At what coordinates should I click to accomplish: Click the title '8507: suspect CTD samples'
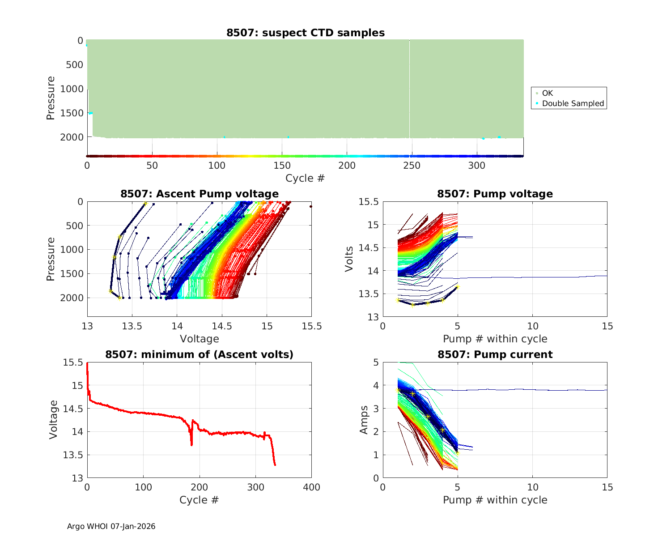(x=306, y=33)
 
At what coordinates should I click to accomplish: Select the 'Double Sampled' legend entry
(x=573, y=103)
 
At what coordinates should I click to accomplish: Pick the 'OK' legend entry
(x=547, y=93)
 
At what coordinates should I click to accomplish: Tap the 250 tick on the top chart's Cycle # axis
(x=412, y=166)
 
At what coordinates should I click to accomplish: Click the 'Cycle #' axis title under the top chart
(x=305, y=178)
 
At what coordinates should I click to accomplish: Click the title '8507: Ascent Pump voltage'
(x=200, y=194)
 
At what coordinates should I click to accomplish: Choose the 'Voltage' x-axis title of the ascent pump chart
(x=200, y=339)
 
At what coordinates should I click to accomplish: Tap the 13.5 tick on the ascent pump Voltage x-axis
(x=132, y=326)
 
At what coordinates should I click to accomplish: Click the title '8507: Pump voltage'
(x=495, y=194)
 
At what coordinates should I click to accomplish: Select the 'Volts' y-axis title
(x=349, y=259)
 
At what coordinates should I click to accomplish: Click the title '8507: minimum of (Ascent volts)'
(x=200, y=354)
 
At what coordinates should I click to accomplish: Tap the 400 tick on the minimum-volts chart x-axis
(x=311, y=487)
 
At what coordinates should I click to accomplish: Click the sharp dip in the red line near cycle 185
(x=191, y=444)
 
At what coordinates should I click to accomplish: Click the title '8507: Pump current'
(x=495, y=354)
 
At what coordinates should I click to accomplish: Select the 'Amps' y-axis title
(x=364, y=420)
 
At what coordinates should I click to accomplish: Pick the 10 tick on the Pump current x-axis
(x=532, y=487)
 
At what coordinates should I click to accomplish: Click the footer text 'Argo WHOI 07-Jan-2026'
(x=111, y=526)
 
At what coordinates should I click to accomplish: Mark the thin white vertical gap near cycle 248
(x=409, y=89)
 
